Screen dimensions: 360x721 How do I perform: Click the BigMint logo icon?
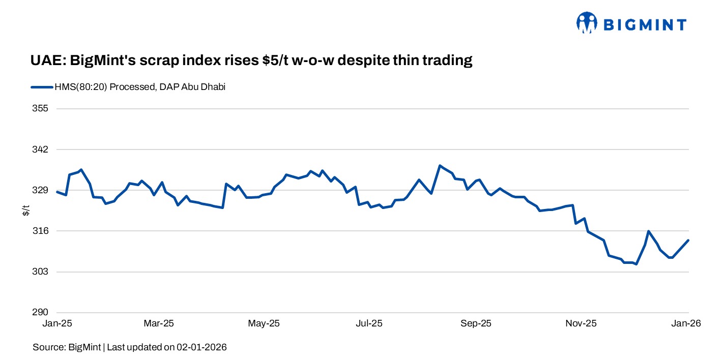point(586,23)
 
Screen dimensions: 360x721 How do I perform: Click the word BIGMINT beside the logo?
point(645,24)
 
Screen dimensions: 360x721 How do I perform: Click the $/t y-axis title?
point(26,211)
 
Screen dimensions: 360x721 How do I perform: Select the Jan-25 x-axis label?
point(56,323)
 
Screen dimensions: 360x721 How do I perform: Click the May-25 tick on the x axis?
point(264,323)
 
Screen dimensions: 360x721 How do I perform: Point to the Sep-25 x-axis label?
point(475,323)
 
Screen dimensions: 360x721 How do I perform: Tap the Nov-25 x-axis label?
point(581,323)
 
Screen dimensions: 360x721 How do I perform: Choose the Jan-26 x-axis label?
point(687,323)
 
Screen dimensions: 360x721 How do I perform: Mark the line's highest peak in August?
point(440,166)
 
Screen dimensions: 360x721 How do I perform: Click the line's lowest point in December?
point(636,264)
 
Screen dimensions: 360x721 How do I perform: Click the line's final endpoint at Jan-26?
point(688,241)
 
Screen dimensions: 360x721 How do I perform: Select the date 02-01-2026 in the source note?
point(201,347)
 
